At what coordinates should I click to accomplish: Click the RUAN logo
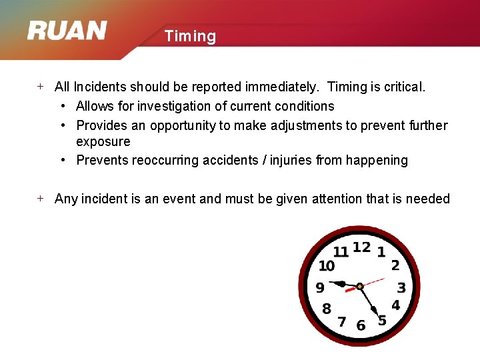tap(67, 31)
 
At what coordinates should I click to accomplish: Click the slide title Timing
tap(190, 36)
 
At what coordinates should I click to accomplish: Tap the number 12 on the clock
tap(361, 247)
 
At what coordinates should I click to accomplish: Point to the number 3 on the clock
tap(401, 288)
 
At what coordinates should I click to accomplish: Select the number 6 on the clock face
tap(361, 325)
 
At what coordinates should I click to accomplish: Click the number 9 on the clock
tap(320, 288)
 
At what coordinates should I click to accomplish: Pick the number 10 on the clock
tap(327, 266)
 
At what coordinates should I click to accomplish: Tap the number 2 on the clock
tap(395, 265)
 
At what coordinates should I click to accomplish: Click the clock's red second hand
tap(373, 281)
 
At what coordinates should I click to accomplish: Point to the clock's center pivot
tap(360, 287)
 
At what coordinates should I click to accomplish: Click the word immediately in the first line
tap(278, 87)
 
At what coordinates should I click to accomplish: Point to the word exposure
tap(103, 141)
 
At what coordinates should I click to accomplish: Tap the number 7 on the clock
tap(342, 322)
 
